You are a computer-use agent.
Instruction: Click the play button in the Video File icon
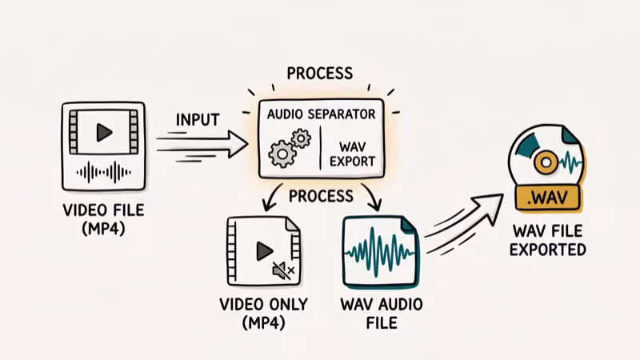click(x=102, y=133)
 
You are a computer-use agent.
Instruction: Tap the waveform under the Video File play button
click(x=102, y=171)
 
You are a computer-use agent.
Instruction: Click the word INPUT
click(x=197, y=119)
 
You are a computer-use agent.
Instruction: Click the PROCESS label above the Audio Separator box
click(x=320, y=74)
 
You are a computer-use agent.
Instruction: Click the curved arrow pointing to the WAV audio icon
click(x=369, y=196)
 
